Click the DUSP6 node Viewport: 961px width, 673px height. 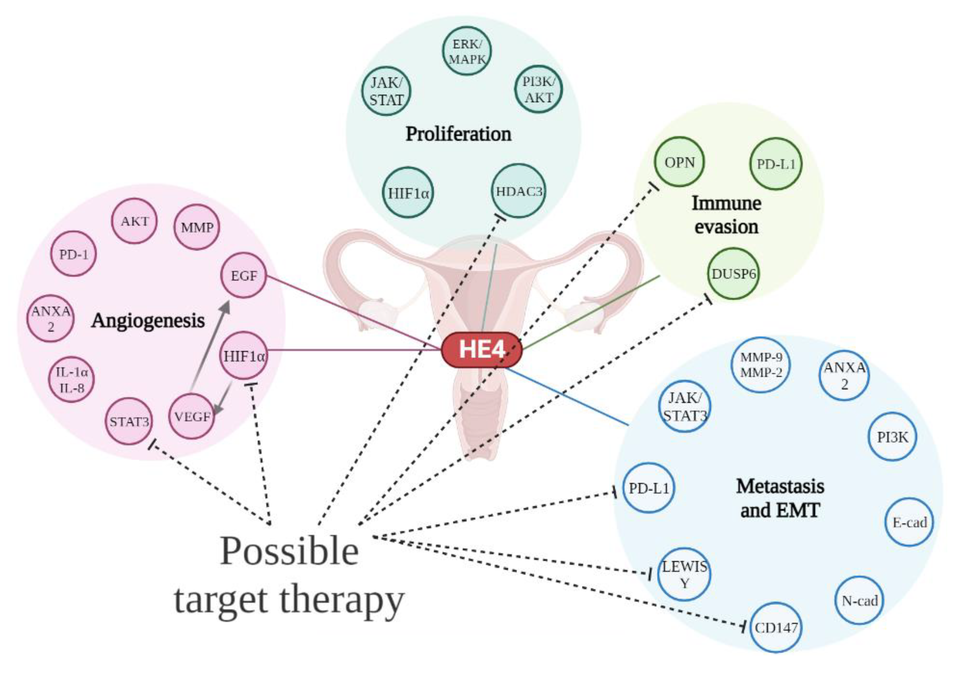pyautogui.click(x=733, y=274)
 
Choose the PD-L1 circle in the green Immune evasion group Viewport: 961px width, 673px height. pyautogui.click(x=775, y=164)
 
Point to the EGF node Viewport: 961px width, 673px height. pyautogui.click(x=244, y=276)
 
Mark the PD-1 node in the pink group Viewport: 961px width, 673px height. pyautogui.click(x=74, y=254)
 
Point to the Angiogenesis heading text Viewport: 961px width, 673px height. pyautogui.click(x=148, y=321)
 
